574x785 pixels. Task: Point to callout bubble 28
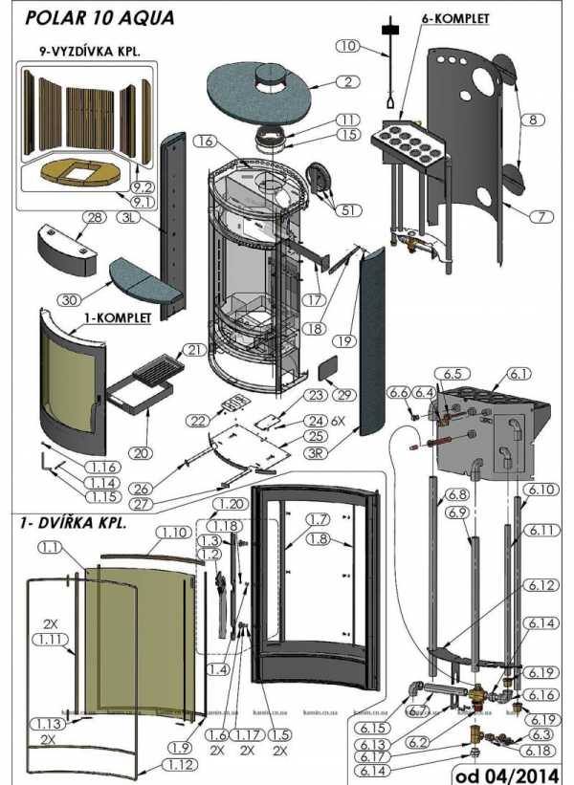94,219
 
